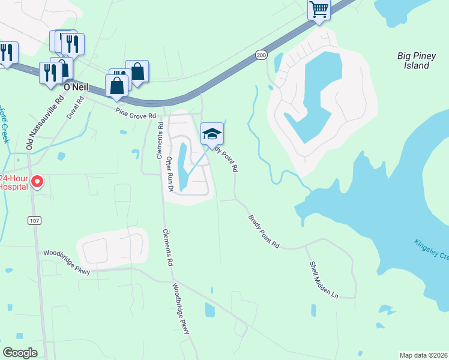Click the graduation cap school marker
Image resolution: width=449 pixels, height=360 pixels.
pyautogui.click(x=212, y=134)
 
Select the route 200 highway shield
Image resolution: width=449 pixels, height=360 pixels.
pyautogui.click(x=261, y=55)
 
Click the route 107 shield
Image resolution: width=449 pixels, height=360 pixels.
pyautogui.click(x=34, y=221)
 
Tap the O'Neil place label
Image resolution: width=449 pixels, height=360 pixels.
pyautogui.click(x=76, y=87)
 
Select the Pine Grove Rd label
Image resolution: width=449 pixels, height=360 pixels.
pyautogui.click(x=136, y=112)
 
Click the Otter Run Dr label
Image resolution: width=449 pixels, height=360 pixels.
pyautogui.click(x=170, y=175)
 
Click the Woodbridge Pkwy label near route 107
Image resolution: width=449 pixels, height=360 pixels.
pyautogui.click(x=66, y=262)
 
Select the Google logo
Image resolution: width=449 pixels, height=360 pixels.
pyautogui.click(x=20, y=352)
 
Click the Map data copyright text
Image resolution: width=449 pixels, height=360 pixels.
pyautogui.click(x=424, y=355)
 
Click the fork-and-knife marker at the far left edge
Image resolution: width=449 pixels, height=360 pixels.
pyautogui.click(x=7, y=52)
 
